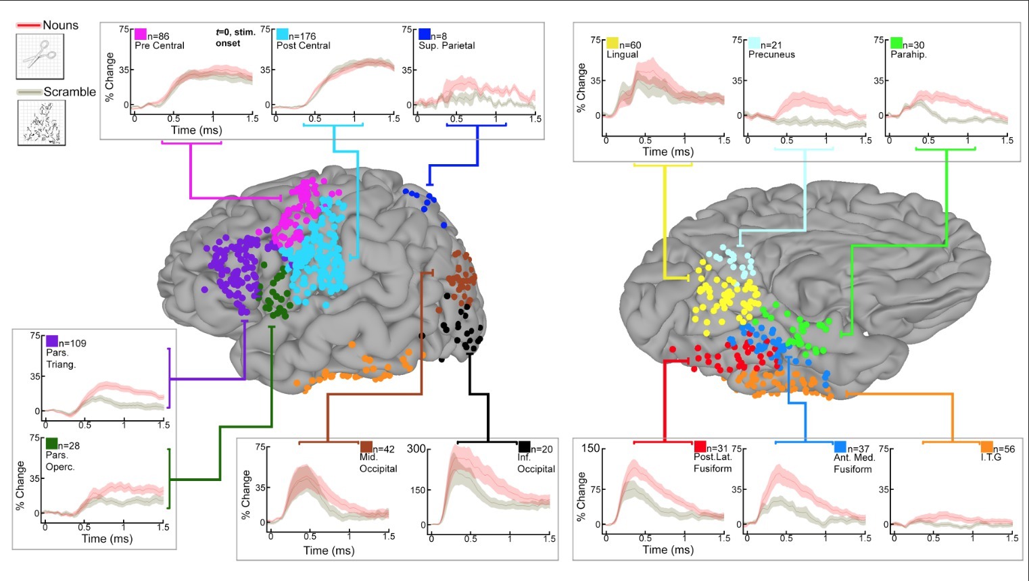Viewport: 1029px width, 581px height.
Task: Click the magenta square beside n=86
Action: pos(141,34)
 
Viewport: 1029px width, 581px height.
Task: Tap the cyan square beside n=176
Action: pos(282,34)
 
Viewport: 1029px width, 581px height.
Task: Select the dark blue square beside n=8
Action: pos(425,34)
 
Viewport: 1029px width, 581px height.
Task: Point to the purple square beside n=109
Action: pos(52,341)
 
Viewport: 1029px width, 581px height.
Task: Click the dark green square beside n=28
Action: pos(52,444)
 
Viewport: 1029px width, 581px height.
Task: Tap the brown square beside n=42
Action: pos(366,447)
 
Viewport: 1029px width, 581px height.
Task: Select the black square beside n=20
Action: pos(524,447)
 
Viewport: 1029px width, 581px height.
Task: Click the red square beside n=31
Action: pos(700,447)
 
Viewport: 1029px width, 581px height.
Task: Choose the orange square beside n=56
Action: pos(986,447)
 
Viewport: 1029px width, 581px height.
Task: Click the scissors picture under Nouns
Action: pos(40,56)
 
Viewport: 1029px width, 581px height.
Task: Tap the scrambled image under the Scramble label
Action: pos(41,122)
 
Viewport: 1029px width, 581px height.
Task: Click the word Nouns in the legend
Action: pos(61,25)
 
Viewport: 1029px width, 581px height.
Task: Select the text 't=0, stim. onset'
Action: pos(235,38)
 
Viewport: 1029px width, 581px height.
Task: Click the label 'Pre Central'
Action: pos(160,46)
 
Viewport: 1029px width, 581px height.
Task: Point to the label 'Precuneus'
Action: pos(771,55)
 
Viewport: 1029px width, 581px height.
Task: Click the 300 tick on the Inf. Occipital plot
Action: pos(416,449)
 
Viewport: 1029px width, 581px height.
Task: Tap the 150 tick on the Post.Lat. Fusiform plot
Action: pos(591,448)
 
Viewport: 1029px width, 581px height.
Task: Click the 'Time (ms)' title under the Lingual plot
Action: pos(668,151)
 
